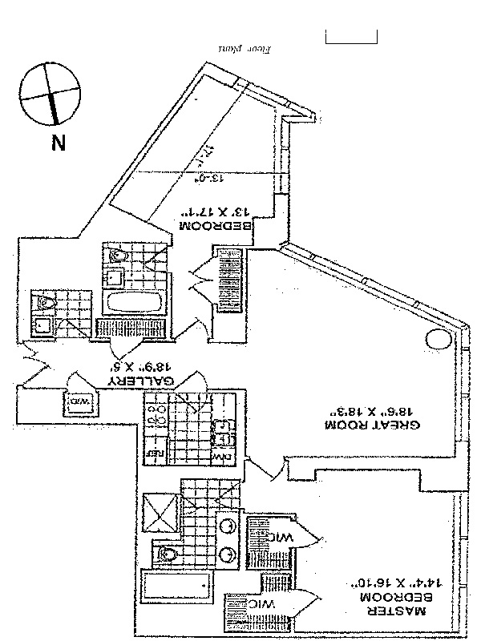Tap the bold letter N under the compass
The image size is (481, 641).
coord(57,143)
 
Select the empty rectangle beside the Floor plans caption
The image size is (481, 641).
coord(350,36)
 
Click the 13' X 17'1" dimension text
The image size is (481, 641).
coord(215,213)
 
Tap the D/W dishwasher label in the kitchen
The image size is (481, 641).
coord(222,454)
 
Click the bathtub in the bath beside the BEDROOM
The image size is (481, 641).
coord(134,304)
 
